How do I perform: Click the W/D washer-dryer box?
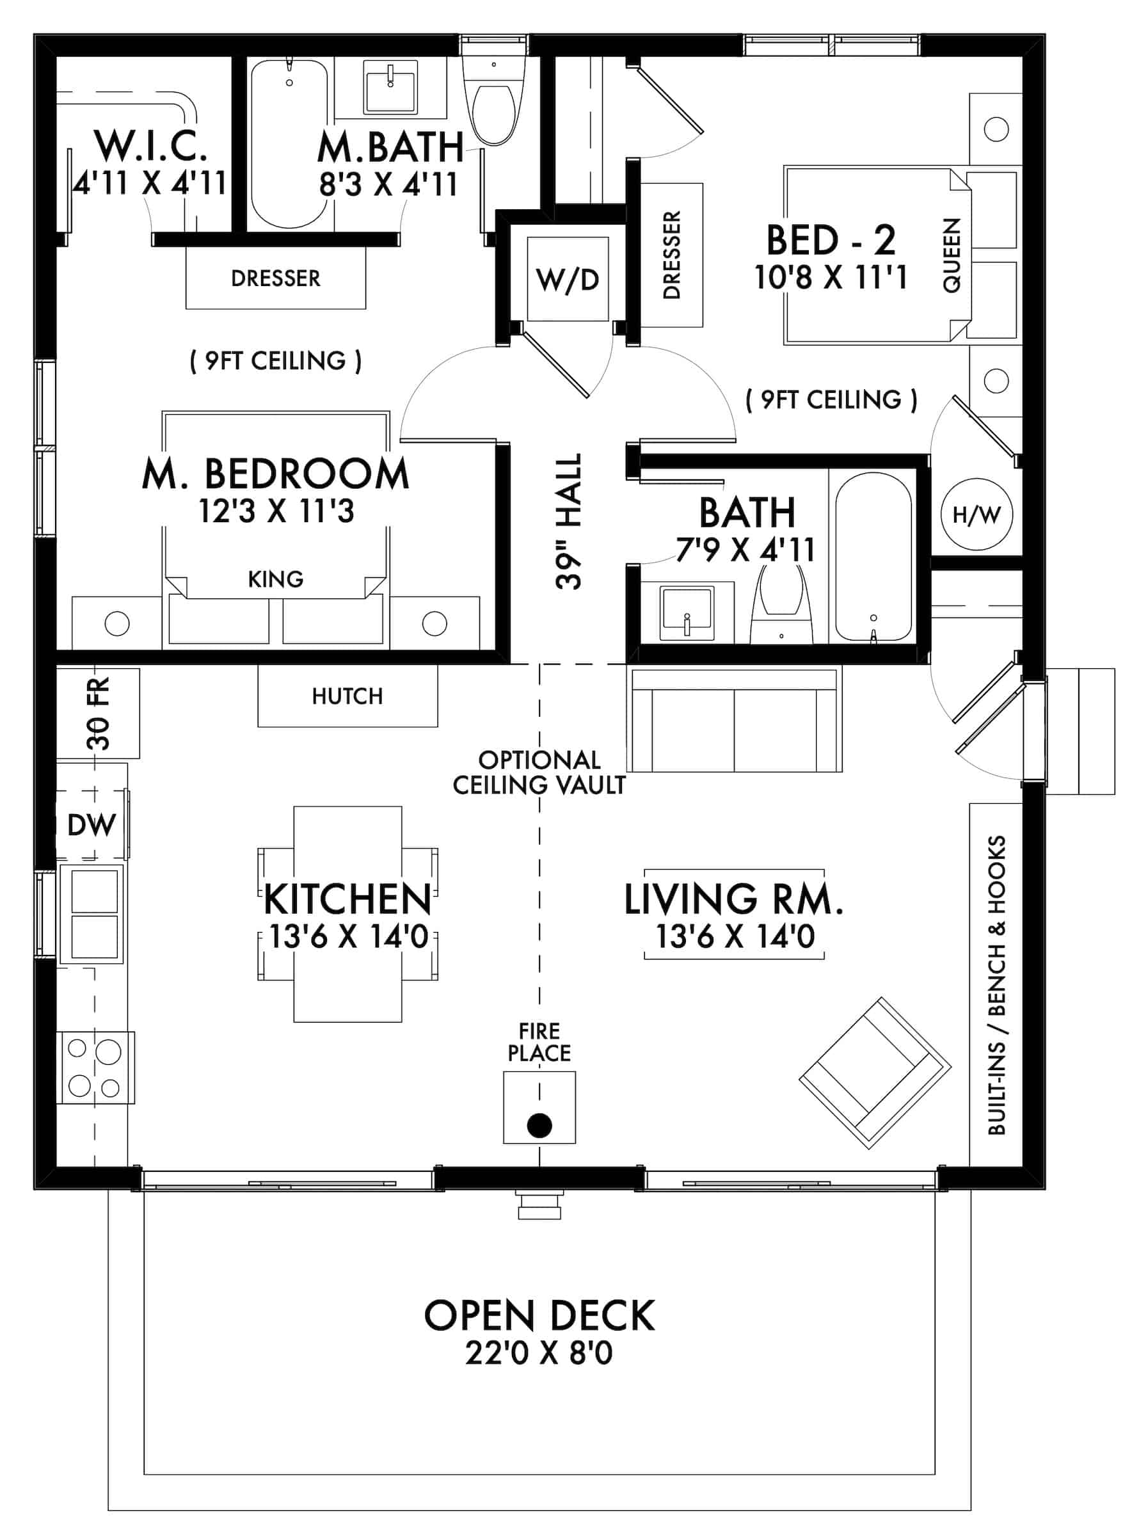[568, 279]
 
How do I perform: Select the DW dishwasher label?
[92, 824]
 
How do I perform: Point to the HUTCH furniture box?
[347, 696]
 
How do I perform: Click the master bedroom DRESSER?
[275, 278]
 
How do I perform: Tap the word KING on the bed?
[275, 579]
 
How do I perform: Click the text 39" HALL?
[569, 521]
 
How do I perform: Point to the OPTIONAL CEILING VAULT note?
[539, 772]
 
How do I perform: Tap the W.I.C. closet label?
[151, 145]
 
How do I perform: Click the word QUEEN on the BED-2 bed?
[952, 255]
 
